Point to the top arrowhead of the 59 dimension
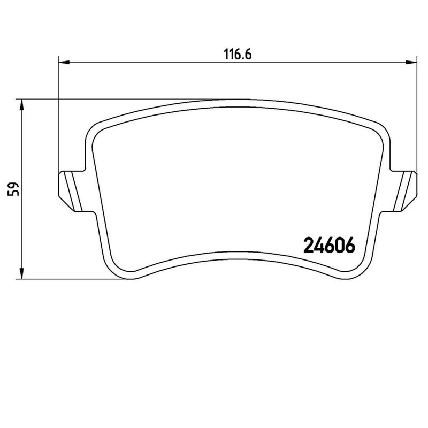(21, 104)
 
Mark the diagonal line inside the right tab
(405, 190)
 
